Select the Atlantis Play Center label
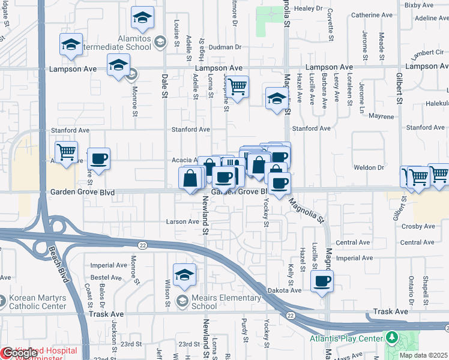(x=354, y=338)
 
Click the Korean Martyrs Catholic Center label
(x=37, y=302)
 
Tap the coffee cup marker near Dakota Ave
(x=322, y=280)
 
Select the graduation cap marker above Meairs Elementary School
(x=185, y=275)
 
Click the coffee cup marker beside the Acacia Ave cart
(x=98, y=158)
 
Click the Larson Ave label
(x=182, y=221)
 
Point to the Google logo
(x=20, y=353)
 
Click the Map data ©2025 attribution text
(x=423, y=355)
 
